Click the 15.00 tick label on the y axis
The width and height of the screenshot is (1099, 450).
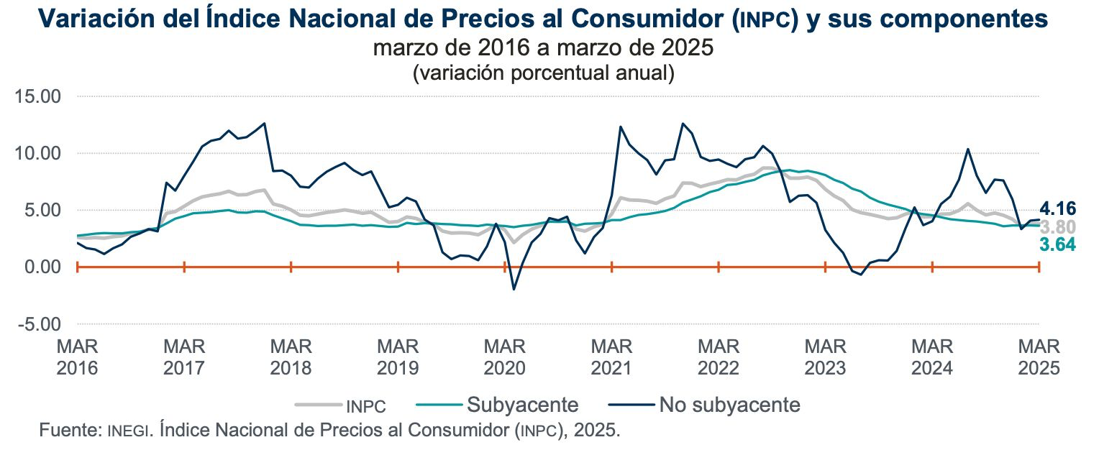(40, 96)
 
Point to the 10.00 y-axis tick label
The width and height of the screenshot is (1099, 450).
(40, 153)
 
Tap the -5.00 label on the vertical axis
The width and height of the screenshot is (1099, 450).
(42, 324)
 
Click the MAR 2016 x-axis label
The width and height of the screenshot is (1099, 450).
(77, 357)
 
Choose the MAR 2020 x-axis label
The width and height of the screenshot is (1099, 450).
(504, 357)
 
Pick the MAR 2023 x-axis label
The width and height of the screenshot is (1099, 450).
(825, 357)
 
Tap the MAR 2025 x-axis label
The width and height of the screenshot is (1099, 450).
(1039, 357)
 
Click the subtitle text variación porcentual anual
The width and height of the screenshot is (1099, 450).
(544, 73)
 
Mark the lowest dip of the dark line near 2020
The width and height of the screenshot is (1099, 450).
(514, 289)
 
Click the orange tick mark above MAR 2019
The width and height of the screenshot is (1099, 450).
(398, 267)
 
